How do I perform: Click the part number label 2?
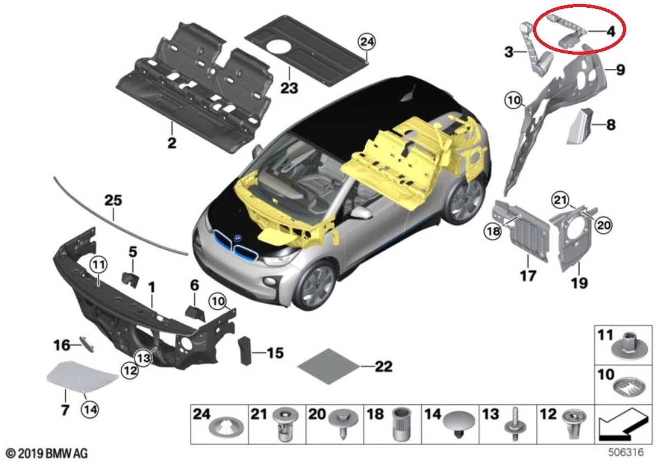point(171,144)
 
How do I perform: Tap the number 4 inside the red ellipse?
point(610,31)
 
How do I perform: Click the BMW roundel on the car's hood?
point(238,238)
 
